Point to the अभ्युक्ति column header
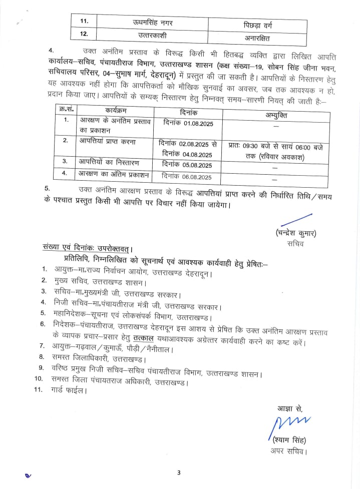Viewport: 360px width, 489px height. (276, 115)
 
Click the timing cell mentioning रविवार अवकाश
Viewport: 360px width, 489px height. (276, 152)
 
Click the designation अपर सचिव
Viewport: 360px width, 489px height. (287, 452)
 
